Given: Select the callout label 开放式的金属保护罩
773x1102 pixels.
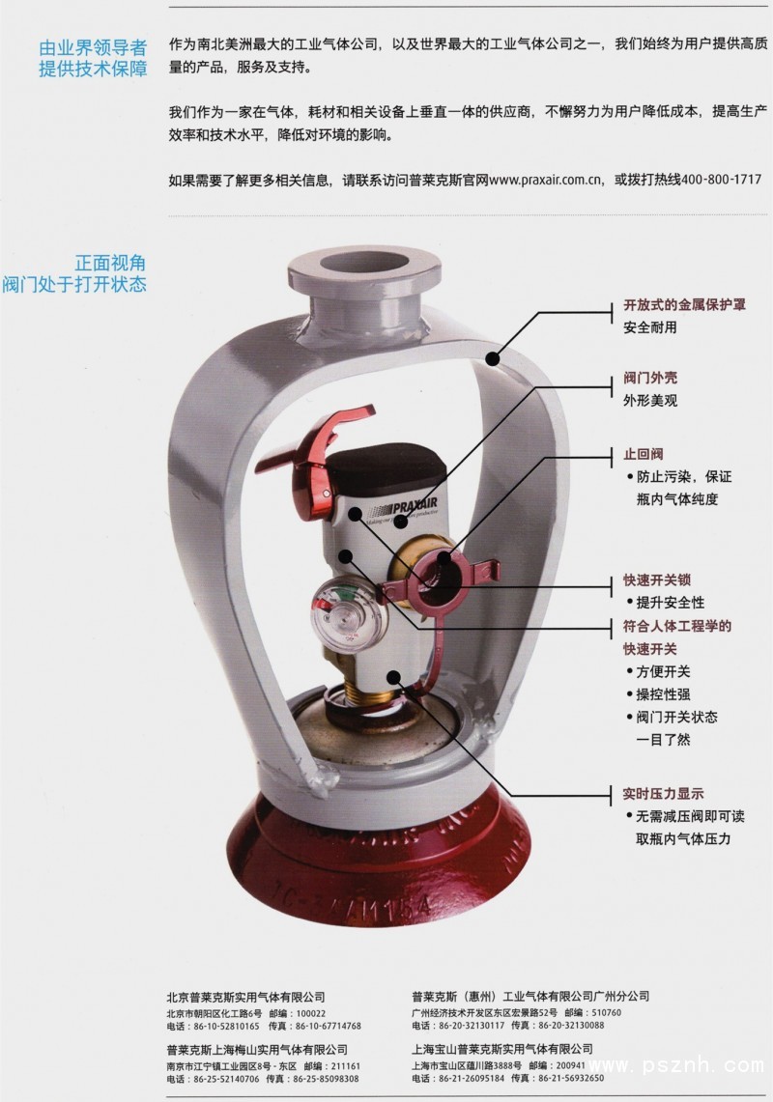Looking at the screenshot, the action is tap(684, 305).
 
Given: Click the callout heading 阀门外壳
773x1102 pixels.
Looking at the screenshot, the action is tap(650, 378).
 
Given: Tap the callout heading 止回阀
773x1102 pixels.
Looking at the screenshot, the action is tap(643, 454).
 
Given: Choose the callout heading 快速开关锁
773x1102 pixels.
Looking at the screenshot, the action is tap(657, 579).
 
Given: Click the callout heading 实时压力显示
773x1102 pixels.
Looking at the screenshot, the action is tap(663, 794).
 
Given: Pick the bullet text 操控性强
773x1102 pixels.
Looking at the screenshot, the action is tap(663, 694).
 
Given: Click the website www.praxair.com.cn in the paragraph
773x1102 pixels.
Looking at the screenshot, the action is tap(546, 180).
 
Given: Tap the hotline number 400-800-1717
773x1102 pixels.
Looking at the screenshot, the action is tap(722, 180).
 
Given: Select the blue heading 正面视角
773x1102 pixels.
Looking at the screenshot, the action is tap(110, 263).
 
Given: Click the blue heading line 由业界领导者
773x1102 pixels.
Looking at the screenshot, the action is tap(93, 47).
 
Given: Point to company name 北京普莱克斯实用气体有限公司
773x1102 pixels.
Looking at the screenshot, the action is tap(246, 997).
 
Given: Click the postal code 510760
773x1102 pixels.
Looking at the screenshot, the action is tap(606, 1013).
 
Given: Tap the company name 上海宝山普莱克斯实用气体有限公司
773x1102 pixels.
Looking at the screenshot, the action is tap(502, 1049).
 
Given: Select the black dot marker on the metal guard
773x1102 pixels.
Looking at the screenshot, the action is tap(493, 358).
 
